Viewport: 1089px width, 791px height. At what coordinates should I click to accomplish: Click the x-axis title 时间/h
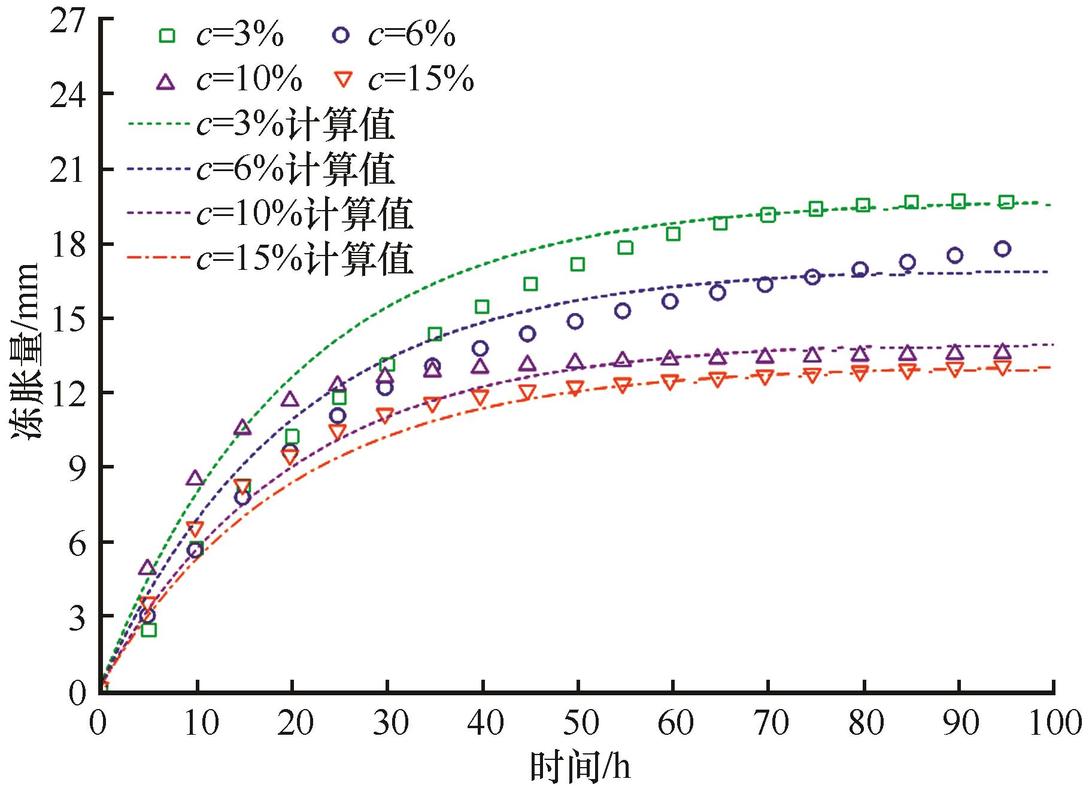click(x=580, y=767)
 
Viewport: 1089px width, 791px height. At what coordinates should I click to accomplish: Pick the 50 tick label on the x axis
click(x=580, y=723)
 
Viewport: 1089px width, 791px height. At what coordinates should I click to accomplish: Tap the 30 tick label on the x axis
click(x=389, y=723)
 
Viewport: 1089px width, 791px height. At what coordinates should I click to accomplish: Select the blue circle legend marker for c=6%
click(x=341, y=35)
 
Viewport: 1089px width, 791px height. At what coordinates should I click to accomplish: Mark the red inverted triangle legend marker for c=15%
click(x=341, y=80)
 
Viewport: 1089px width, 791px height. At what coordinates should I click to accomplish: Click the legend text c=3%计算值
click(x=296, y=125)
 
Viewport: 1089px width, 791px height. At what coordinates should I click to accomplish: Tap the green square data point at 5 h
click(x=148, y=629)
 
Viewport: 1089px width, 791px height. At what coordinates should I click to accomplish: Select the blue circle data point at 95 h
click(x=1002, y=249)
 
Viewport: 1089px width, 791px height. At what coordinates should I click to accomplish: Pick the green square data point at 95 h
click(x=1006, y=202)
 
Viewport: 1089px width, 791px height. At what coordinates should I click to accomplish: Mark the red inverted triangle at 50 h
click(x=575, y=387)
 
